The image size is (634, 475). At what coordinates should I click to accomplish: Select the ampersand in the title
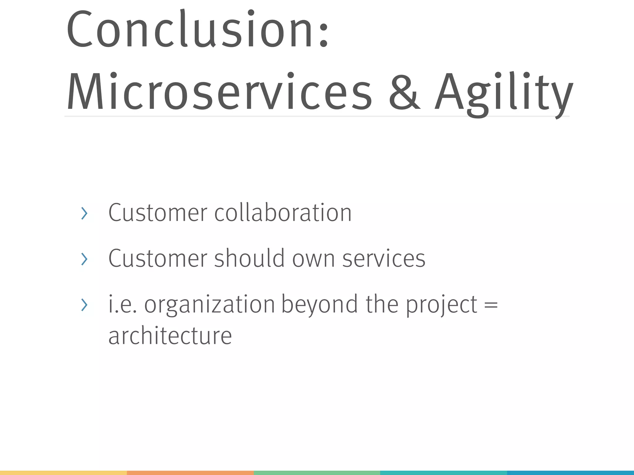404,92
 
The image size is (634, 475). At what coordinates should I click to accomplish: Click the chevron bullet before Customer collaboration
84,213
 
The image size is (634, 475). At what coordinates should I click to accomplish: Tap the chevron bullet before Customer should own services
84,259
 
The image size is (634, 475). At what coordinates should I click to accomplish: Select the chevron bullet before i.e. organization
84,305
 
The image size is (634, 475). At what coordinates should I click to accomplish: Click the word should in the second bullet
249,258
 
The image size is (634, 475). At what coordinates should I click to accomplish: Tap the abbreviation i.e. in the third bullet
122,304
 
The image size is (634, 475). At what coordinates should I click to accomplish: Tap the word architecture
170,336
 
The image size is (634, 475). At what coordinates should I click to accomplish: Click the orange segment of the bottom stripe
190,473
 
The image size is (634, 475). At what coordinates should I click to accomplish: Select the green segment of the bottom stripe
317,473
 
